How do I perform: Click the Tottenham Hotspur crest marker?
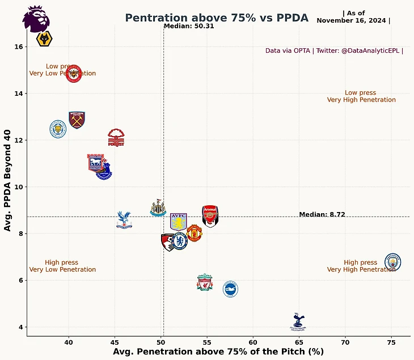coord(297,321)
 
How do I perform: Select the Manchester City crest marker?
coord(392,262)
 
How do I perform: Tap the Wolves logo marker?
coord(45,39)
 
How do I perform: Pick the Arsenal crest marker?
coord(210,216)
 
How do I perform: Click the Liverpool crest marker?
coord(205,282)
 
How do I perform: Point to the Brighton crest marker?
coord(230,289)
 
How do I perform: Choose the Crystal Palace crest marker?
coord(124,220)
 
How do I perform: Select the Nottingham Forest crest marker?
coord(116,138)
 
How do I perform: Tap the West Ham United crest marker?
coord(77,120)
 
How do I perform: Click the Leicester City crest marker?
coord(58,129)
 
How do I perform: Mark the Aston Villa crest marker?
coord(178,222)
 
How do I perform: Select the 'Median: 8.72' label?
coord(322,214)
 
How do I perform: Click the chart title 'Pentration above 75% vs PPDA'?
coord(217,18)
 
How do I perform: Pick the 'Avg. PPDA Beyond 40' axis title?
coord(8,180)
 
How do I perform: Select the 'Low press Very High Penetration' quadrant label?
coord(361,96)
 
